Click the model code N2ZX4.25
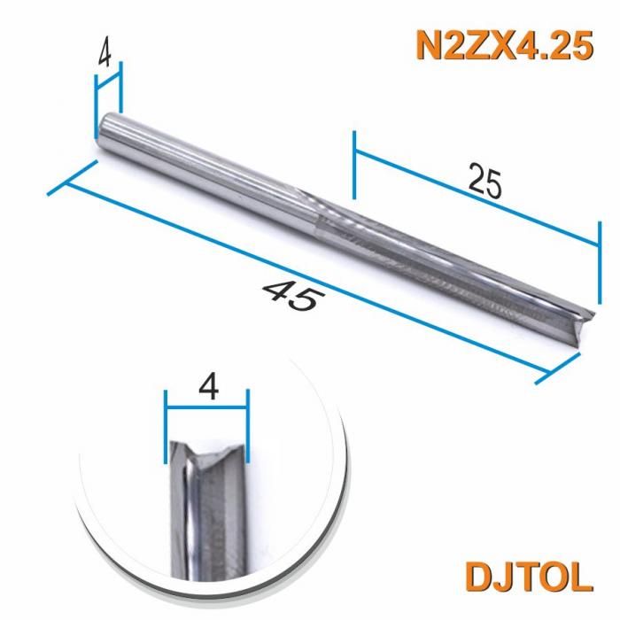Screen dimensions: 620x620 (503, 45)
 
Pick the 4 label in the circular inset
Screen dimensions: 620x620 (208, 387)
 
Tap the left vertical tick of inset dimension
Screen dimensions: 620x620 (166, 425)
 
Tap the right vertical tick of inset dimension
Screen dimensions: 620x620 (249, 425)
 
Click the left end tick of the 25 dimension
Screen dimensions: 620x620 (354, 165)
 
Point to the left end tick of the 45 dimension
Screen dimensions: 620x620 (71, 180)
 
